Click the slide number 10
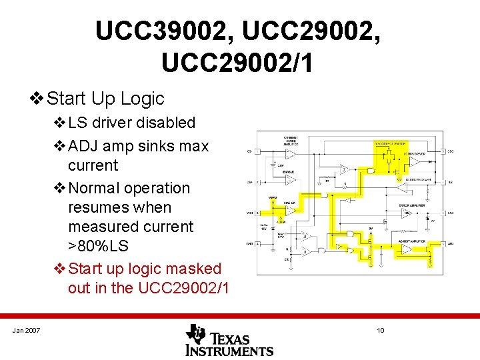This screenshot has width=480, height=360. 381,331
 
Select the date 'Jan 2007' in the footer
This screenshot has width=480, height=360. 26,331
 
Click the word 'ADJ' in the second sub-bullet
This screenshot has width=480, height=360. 83,146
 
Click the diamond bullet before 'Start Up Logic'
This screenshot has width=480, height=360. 37,99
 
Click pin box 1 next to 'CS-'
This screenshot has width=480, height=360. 257,151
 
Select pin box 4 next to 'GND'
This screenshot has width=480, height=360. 257,244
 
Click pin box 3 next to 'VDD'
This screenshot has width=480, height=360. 257,213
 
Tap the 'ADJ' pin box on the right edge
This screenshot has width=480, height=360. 443,244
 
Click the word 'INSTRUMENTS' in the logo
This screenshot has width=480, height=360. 229,350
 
